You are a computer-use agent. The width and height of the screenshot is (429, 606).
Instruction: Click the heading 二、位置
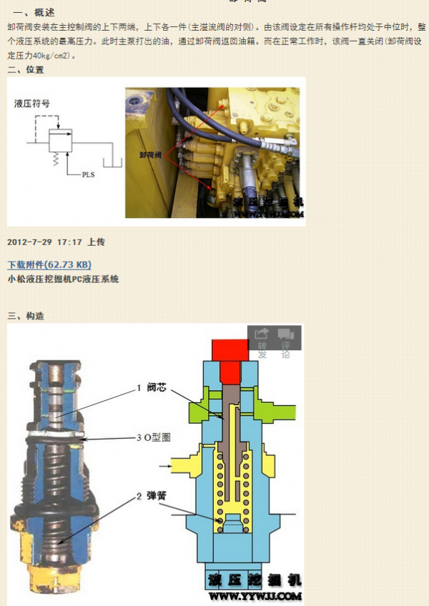click(x=25, y=69)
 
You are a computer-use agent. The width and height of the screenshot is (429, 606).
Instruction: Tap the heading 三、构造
click(x=25, y=315)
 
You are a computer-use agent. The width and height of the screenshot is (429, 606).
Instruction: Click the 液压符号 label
click(x=32, y=104)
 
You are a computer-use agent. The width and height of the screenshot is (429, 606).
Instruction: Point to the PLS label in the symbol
click(x=88, y=174)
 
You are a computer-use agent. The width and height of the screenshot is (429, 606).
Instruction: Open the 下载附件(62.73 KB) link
click(x=49, y=265)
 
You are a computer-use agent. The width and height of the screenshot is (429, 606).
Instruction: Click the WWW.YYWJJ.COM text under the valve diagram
click(x=255, y=595)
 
